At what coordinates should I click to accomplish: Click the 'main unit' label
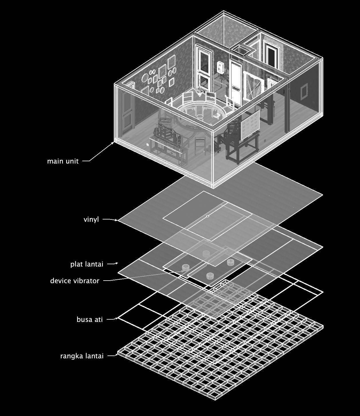tap(63, 161)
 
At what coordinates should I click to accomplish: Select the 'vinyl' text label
tap(91, 219)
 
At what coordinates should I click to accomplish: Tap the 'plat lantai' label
tap(87, 264)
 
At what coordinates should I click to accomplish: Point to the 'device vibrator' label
tap(75, 281)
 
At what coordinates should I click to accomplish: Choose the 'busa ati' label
tap(89, 319)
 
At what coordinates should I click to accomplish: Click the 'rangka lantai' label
tap(82, 356)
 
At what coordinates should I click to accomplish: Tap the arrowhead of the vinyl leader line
tap(116, 220)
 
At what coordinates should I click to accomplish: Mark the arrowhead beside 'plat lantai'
tap(117, 263)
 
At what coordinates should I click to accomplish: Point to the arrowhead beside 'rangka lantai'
tap(117, 355)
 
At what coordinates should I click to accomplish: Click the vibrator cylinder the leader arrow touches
tap(186, 268)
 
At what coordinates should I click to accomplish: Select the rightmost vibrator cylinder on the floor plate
tap(231, 262)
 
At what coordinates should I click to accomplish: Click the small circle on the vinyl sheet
tap(208, 216)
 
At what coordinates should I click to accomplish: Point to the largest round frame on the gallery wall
tap(145, 77)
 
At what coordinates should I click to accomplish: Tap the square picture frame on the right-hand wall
tap(303, 91)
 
